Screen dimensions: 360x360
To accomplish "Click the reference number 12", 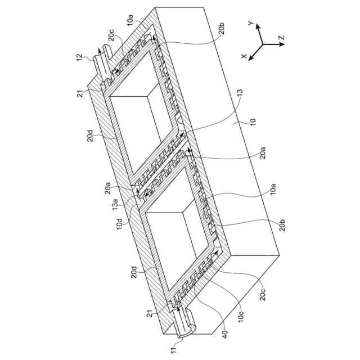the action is point(79,57).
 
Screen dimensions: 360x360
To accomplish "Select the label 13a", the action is point(115,204).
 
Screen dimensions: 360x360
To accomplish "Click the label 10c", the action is point(241,317).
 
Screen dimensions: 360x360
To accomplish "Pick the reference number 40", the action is point(225,334).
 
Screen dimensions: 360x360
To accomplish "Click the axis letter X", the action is point(244,56).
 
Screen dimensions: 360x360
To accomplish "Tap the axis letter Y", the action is point(251,23).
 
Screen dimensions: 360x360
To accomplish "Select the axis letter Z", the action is point(281,38).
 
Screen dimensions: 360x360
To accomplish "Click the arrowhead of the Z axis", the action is point(282,44).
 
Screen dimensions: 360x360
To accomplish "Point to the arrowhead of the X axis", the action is point(251,58).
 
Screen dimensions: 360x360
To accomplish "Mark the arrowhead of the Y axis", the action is point(258,26).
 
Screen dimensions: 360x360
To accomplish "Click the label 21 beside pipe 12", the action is point(80,93).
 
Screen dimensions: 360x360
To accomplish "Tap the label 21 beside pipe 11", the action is point(150,313).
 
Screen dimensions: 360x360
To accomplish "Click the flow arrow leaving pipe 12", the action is point(98,52).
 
